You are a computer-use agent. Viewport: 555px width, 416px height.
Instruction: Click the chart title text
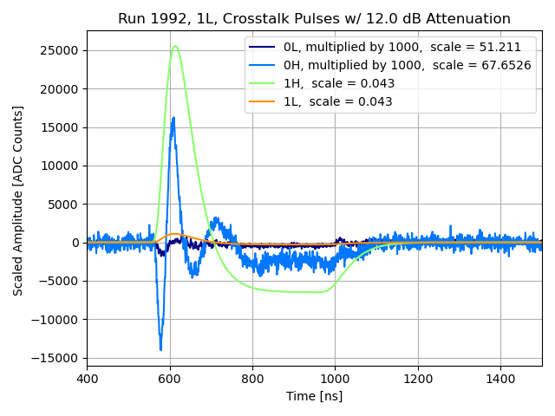314,19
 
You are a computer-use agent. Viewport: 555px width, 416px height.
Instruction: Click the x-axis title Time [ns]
314,396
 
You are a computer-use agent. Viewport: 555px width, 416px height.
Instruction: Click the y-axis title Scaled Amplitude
18,200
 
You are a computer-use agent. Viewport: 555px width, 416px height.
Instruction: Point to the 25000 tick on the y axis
62,50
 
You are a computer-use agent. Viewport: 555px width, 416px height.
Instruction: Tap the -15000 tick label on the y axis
59,358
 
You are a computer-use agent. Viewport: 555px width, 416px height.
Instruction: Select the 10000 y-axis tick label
62,166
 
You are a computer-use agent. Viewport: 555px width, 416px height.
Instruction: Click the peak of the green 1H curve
175,46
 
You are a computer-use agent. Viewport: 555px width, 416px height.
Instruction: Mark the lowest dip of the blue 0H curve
160,349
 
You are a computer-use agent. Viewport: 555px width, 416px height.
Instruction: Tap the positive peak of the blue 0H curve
173,118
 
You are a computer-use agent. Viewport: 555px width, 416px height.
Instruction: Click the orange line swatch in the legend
263,101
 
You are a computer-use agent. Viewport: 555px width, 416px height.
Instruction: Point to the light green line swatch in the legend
263,83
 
